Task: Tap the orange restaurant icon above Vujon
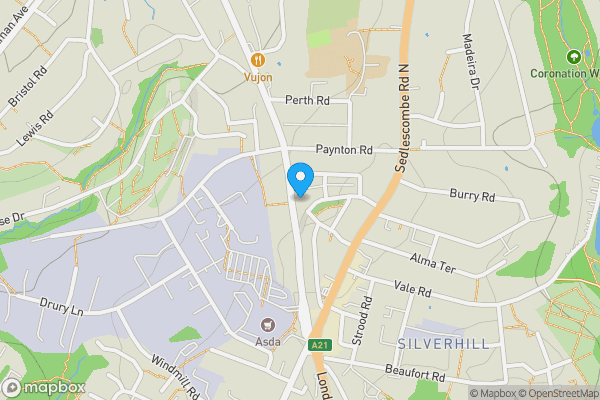coord(258,59)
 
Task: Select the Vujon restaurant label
coord(258,76)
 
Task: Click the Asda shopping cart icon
coord(267,323)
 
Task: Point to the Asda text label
coord(267,340)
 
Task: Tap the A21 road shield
coord(319,345)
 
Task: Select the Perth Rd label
coord(307,100)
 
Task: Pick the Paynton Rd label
coord(344,150)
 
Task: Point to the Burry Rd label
coord(472,196)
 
